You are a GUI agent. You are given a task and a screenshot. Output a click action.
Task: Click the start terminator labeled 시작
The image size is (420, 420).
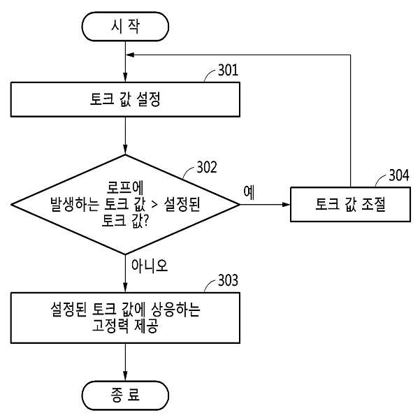(125, 27)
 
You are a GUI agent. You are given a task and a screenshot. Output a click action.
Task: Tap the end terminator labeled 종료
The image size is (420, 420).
(125, 396)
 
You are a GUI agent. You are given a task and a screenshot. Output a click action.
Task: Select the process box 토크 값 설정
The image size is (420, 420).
(125, 99)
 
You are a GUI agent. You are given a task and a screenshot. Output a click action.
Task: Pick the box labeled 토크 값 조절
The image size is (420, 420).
(350, 204)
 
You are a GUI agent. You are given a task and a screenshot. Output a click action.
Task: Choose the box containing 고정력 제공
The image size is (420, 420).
(125, 318)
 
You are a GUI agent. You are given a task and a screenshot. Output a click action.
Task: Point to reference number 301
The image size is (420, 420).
(228, 70)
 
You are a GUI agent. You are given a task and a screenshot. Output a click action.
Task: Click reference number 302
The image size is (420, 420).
(207, 167)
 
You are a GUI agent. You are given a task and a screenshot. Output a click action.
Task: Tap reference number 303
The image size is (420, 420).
(228, 280)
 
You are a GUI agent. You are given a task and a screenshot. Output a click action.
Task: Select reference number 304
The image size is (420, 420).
(399, 175)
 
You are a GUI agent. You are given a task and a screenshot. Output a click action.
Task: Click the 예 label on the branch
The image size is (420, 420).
(249, 192)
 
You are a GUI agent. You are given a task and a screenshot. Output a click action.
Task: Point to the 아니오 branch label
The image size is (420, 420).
(150, 266)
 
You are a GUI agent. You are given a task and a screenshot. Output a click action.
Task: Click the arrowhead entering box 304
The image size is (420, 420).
(287, 204)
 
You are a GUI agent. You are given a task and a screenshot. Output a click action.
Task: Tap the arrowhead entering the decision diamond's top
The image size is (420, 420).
(125, 150)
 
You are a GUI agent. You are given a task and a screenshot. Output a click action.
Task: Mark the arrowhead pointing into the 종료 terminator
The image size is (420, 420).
(125, 376)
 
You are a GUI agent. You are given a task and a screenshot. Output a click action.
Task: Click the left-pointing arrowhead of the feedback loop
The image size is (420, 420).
(130, 55)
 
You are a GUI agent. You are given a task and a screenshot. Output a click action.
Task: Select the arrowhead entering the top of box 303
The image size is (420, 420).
(125, 288)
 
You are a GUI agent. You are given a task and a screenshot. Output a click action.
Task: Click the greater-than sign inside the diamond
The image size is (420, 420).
(154, 205)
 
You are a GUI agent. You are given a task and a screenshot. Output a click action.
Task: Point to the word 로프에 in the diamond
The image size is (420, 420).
(125, 187)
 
